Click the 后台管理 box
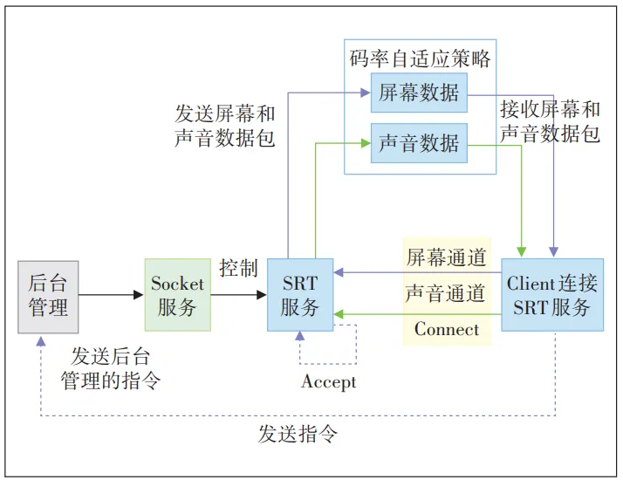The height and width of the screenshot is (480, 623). pos(48,297)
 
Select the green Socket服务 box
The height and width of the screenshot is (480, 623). pos(177,295)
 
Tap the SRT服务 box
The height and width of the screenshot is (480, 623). pos(300,295)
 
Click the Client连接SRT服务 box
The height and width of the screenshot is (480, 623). pos(552,295)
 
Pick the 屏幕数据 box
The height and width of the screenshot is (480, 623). pos(419,93)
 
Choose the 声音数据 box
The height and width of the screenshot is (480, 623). pos(419,143)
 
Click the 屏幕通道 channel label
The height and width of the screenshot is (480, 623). pos(446,257)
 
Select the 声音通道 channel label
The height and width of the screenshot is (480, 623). pos(446,293)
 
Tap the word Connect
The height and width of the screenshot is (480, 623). pos(446,329)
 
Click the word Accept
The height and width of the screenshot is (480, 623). pos(329,382)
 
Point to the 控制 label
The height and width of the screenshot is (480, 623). pos(238,268)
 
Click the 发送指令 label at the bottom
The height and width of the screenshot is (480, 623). pos(298,434)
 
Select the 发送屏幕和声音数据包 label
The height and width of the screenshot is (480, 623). pos(225,125)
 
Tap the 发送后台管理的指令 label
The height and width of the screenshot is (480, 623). pos(110,367)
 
